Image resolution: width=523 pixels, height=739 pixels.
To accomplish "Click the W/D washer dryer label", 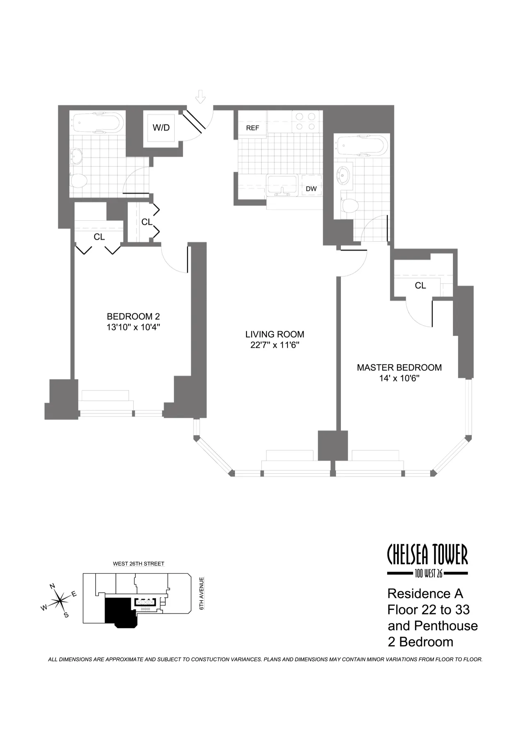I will tap(161, 128).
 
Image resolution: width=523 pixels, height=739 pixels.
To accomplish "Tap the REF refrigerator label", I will tap(252, 128).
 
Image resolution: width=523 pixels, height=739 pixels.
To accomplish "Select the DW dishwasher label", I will tap(311, 189).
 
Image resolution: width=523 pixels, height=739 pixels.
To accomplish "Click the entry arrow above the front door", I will tap(200, 97).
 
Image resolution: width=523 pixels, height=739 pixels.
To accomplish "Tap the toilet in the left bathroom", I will tap(79, 180).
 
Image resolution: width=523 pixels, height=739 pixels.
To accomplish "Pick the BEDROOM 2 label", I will tap(133, 316).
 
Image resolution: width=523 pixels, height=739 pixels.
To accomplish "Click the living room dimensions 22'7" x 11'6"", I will tap(274, 345).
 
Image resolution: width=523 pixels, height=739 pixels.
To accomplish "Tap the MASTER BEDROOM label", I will tap(399, 367).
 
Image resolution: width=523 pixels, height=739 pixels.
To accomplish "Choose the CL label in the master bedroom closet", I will tap(420, 285).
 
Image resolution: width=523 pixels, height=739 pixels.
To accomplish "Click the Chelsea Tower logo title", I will tap(427, 555).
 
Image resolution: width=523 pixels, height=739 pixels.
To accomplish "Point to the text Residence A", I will tap(425, 593).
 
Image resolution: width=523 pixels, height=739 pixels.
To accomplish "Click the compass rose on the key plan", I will tap(60, 601).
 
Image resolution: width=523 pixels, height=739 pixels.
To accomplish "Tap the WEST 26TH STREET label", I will tap(138, 564).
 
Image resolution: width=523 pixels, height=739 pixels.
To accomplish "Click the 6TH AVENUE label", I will tap(202, 593).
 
